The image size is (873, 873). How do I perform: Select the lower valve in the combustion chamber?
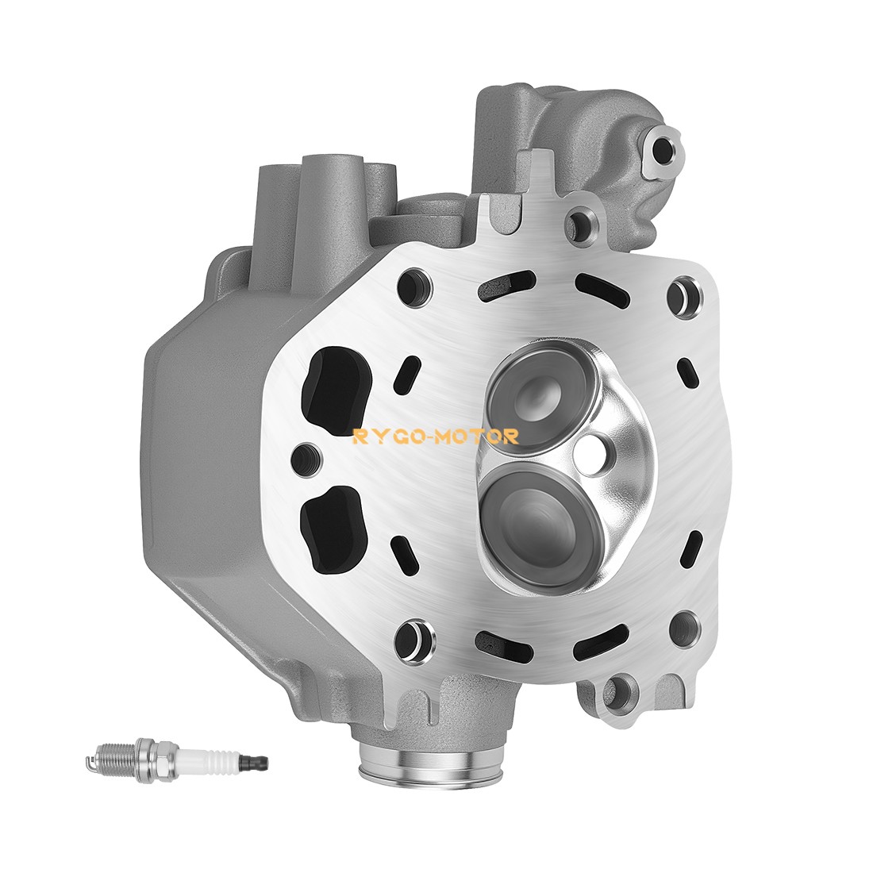[x=540, y=520]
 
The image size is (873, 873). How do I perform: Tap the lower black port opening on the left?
[x=331, y=526]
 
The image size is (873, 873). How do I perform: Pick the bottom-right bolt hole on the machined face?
[x=682, y=628]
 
